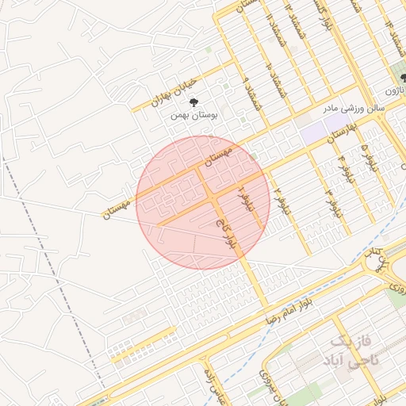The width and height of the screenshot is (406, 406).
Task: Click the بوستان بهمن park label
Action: [x=194, y=115]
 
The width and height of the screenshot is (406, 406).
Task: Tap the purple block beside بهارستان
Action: [x=313, y=132]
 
